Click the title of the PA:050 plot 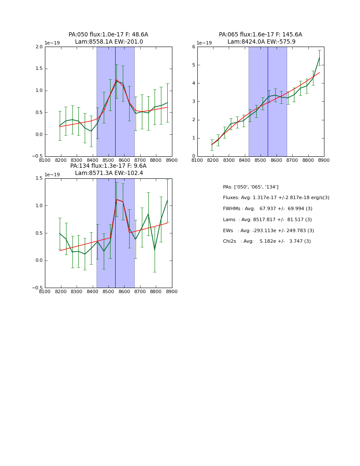(x=108, y=38)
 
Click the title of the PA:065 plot (x=260, y=38)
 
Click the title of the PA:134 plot (x=108, y=169)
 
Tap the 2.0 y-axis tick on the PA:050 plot (x=39, y=47)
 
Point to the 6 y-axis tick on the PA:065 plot (x=193, y=47)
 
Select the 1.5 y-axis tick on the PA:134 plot (x=39, y=178)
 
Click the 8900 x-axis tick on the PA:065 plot (x=324, y=160)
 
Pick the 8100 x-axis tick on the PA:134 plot (x=45, y=291)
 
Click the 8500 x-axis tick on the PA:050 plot (x=108, y=160)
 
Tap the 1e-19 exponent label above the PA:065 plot (x=205, y=43)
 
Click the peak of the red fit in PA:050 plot (x=117, y=80)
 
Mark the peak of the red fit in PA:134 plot (x=117, y=199)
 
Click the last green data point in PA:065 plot (x=319, y=57)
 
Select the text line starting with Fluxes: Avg (x=276, y=198)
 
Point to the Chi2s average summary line (x=267, y=241)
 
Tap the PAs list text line (x=251, y=187)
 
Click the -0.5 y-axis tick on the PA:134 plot (x=38, y=288)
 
